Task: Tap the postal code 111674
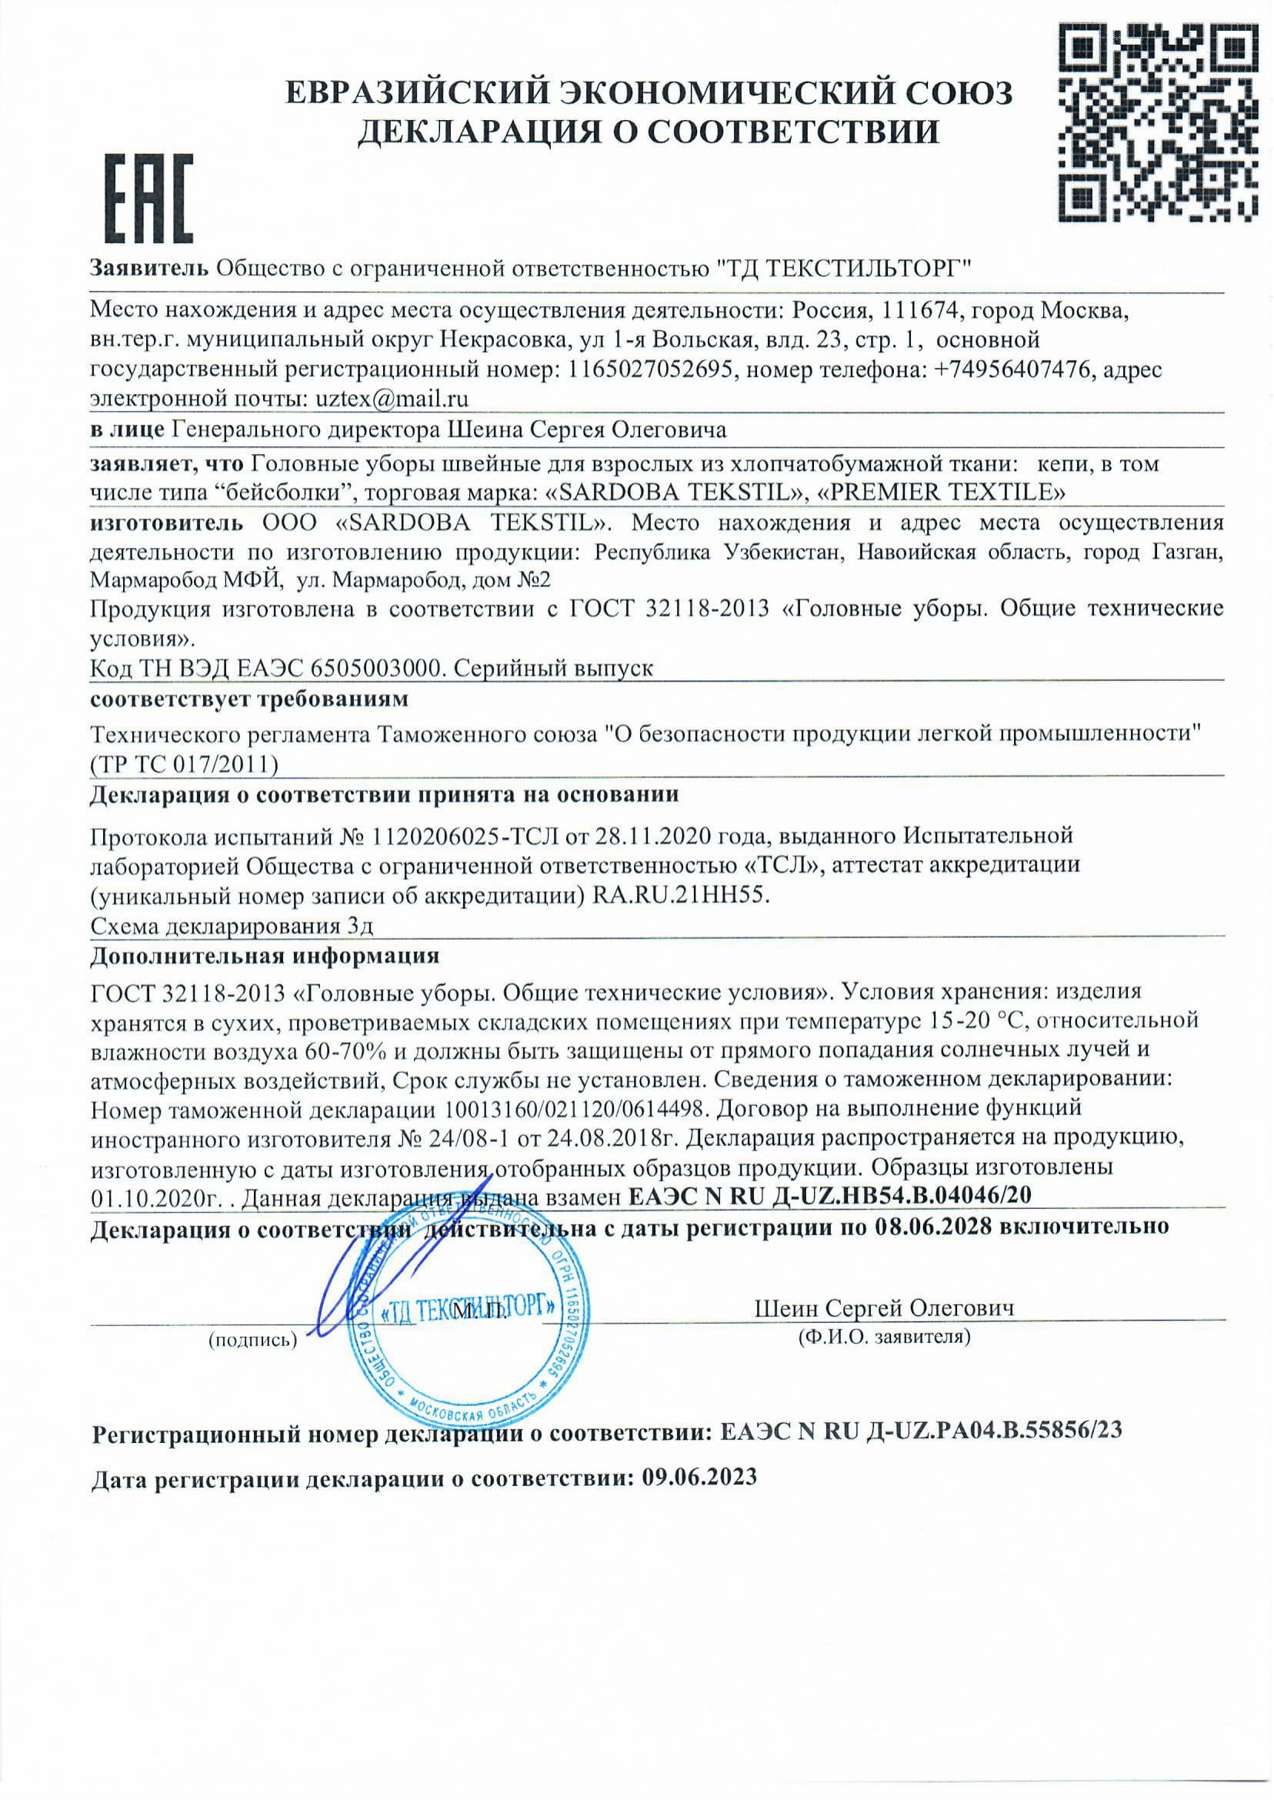pos(922,310)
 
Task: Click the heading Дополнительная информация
pos(265,956)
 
